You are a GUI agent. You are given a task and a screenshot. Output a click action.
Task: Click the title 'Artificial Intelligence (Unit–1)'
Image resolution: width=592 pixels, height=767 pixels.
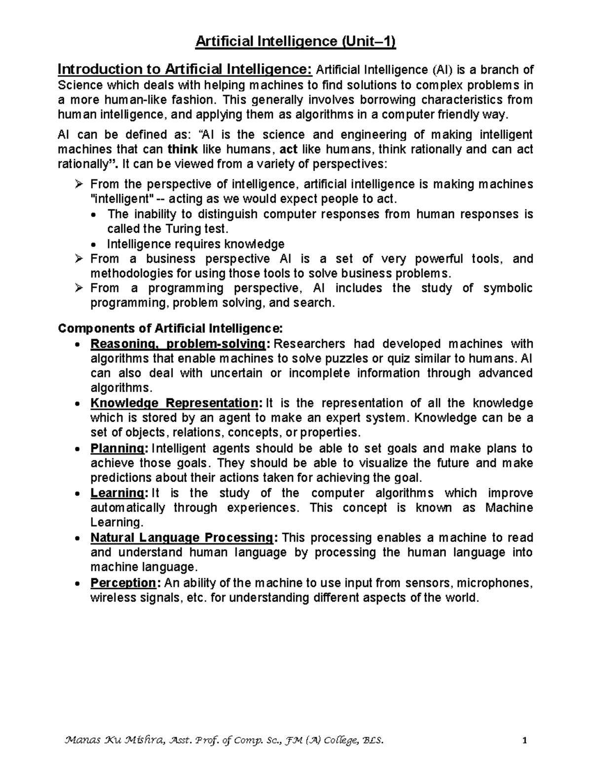coord(296,42)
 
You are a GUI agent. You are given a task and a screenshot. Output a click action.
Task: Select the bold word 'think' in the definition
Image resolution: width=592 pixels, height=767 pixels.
coord(183,149)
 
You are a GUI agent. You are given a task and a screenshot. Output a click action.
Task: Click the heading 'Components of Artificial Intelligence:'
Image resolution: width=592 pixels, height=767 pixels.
coord(171,328)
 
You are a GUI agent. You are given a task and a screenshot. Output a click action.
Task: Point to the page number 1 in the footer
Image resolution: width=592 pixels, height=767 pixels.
coord(525,740)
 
